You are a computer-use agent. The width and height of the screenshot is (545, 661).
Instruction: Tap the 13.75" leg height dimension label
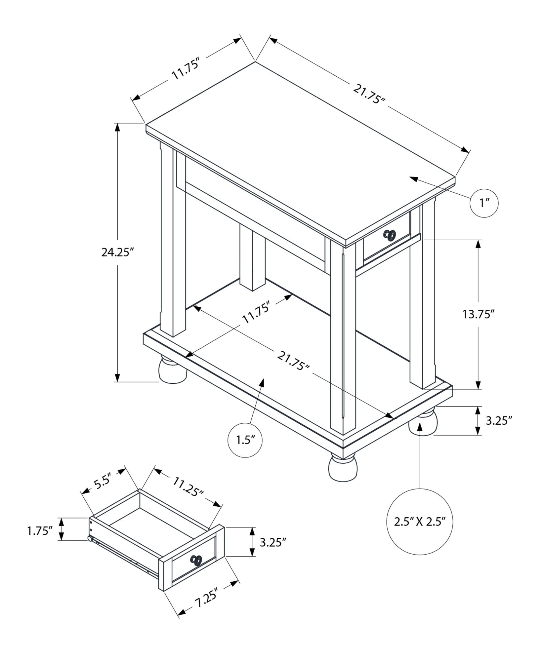(478, 314)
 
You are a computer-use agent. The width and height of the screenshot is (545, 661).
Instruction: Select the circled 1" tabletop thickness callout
(484, 203)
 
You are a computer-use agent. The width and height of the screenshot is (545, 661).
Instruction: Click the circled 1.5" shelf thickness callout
(245, 440)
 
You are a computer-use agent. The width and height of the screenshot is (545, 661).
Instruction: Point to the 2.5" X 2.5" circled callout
(420, 531)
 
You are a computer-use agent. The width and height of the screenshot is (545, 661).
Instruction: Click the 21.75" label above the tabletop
(369, 94)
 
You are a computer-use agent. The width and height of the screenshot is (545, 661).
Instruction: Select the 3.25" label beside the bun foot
(499, 420)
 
